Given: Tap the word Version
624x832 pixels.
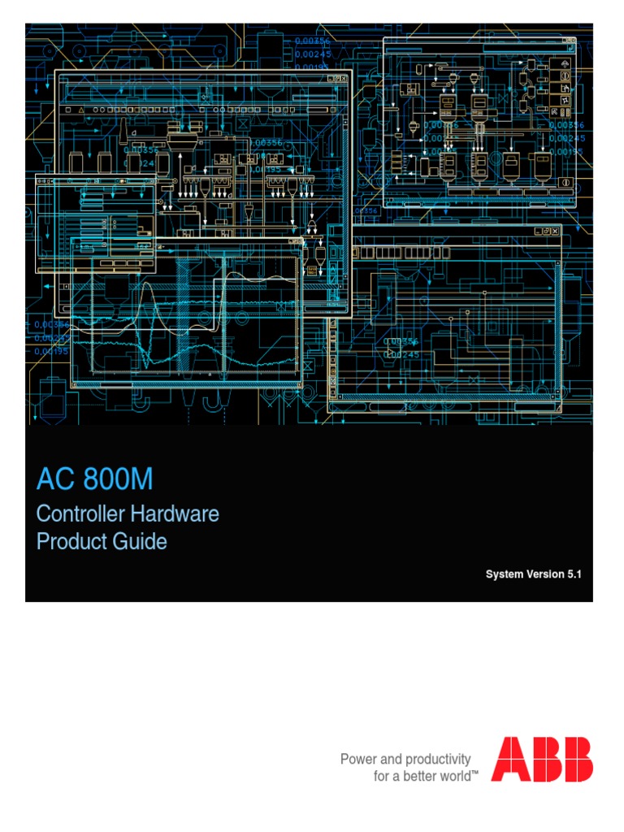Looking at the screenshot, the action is point(546,574).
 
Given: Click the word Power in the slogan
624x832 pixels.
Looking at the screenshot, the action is point(358,759).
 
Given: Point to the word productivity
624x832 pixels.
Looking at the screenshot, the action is point(437,759).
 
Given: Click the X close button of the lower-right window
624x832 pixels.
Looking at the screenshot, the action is point(557,232).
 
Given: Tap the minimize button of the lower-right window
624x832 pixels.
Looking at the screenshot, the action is point(538,232).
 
